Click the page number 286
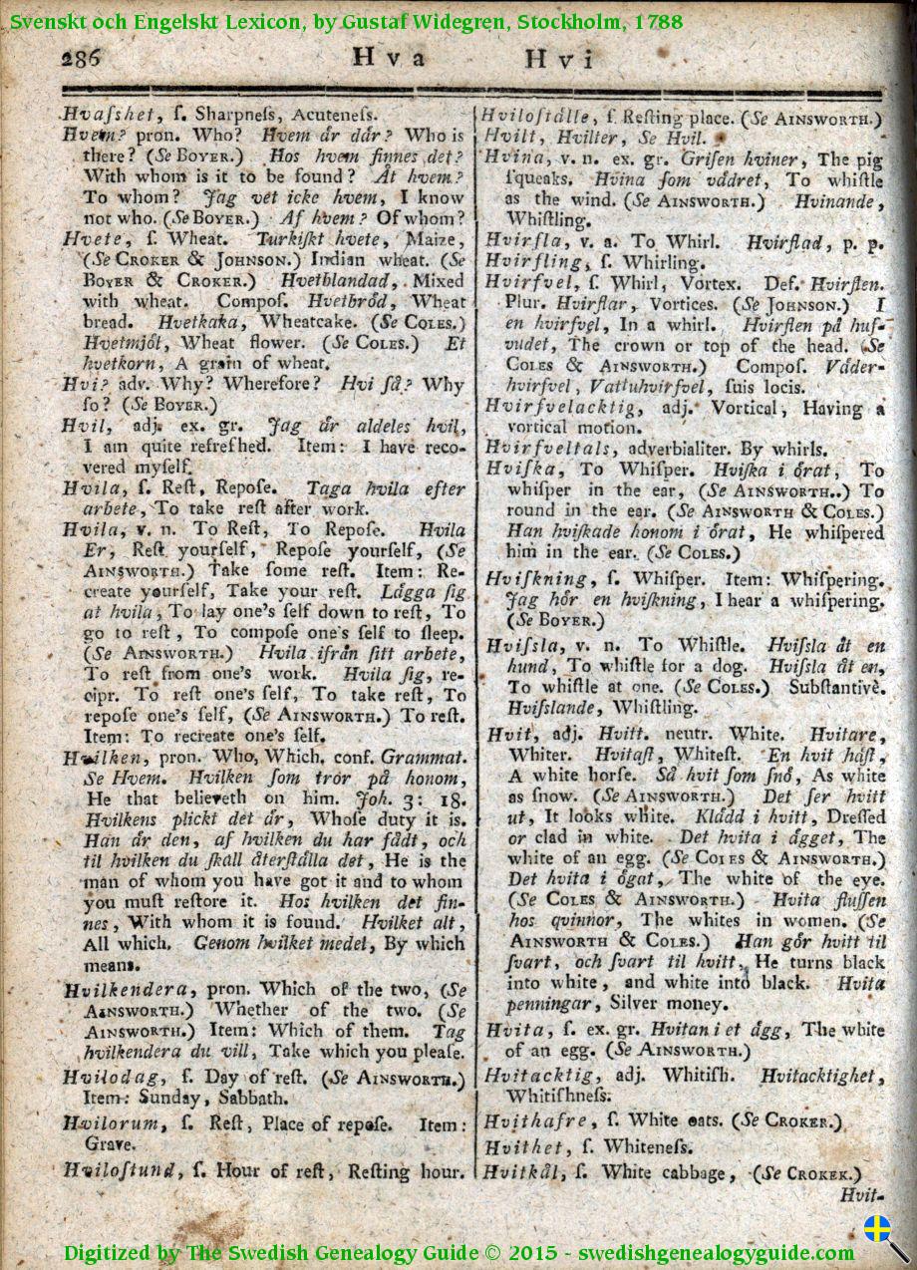[81, 58]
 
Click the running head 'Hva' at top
[390, 58]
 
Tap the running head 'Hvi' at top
[560, 59]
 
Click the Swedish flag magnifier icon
[882, 1234]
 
